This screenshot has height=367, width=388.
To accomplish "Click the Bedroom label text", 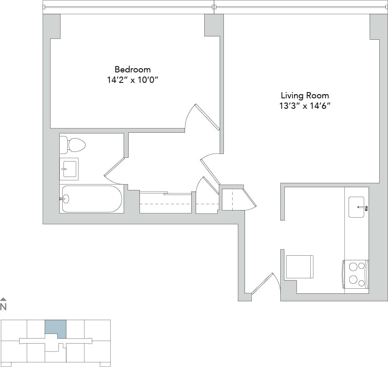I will point(132,69).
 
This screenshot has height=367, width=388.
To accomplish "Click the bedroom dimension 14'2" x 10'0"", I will point(133,80).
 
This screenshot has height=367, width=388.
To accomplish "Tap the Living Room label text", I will point(304,95).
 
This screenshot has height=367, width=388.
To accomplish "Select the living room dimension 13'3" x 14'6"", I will point(304,106).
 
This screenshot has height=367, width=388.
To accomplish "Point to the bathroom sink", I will point(69,169).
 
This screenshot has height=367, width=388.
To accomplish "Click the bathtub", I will point(91,199).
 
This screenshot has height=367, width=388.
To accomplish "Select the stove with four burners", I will point(355,274).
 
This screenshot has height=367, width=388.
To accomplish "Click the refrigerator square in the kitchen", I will point(299,267).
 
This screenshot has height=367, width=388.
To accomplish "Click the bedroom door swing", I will point(202,117).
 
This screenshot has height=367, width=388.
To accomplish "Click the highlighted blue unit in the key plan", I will point(55,328).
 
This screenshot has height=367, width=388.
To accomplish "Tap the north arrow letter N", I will point(3,307).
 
